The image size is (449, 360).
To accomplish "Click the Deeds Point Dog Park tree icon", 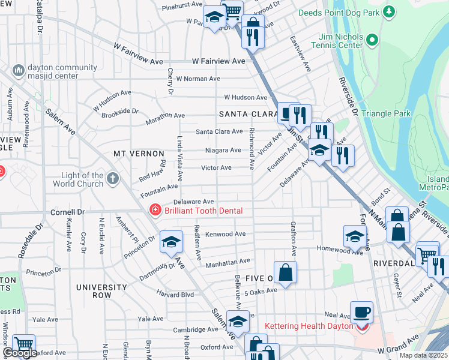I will pyautogui.click(x=390, y=11).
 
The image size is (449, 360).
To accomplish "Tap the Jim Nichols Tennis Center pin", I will pyautogui.click(x=372, y=41).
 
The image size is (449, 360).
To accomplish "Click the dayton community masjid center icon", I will pyautogui.click(x=18, y=71).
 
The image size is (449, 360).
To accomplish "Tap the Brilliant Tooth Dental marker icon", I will pyautogui.click(x=155, y=210).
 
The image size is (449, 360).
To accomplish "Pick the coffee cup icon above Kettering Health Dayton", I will pyautogui.click(x=362, y=313).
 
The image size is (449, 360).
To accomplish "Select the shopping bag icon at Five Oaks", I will pyautogui.click(x=286, y=272).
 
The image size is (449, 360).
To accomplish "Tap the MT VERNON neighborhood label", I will pyautogui.click(x=139, y=154).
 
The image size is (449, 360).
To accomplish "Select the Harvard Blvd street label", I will pyautogui.click(x=175, y=295).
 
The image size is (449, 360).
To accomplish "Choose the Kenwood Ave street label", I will pyautogui.click(x=225, y=234).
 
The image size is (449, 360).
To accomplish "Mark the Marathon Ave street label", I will pyautogui.click(x=166, y=116).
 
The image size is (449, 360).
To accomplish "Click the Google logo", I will pyautogui.click(x=20, y=353).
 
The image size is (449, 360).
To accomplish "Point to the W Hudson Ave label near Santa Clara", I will pyautogui.click(x=246, y=97).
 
